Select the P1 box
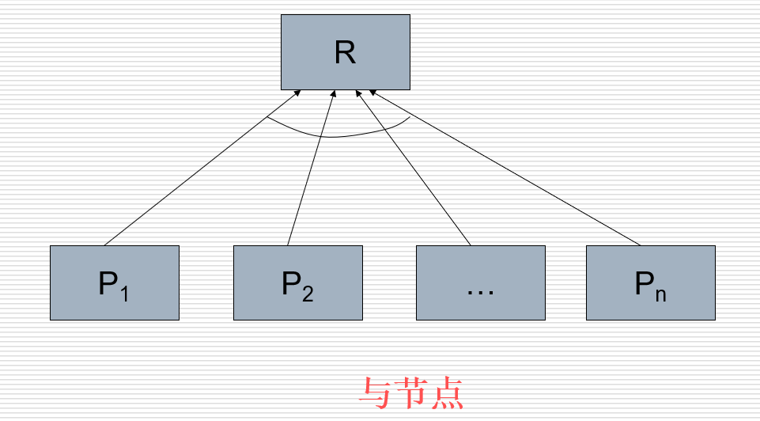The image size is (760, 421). pos(115,283)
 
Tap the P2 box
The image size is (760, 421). pos(298,283)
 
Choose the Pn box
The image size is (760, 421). pos(651,283)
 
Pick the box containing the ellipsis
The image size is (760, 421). pos(481,283)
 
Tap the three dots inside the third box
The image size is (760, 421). pos(481,290)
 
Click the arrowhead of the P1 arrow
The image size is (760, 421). pos(297,93)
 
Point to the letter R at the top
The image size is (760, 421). pos(345,53)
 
